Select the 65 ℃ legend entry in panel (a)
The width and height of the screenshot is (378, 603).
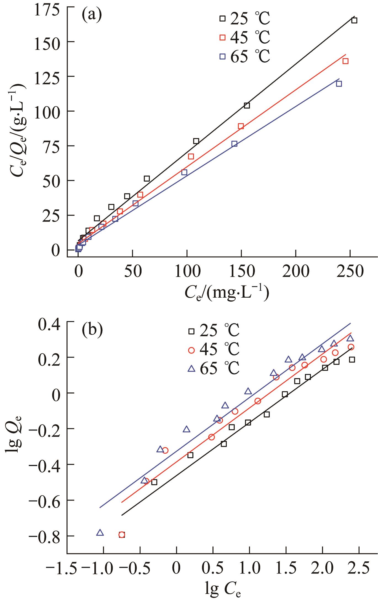(x=244, y=56)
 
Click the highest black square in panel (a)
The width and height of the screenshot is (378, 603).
(x=354, y=20)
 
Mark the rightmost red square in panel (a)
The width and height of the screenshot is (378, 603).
(x=345, y=61)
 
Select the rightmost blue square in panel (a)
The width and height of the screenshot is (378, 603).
(x=339, y=84)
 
